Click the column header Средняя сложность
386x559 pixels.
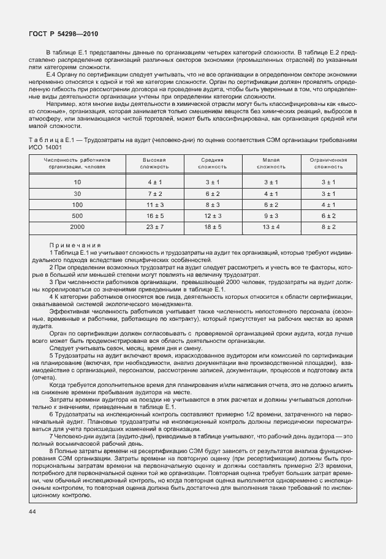(213, 163)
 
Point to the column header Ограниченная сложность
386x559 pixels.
(329, 163)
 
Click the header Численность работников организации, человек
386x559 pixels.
(78, 163)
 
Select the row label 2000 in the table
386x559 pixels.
(78, 227)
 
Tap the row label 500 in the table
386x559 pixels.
(78, 216)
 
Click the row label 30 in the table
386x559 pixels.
(78, 193)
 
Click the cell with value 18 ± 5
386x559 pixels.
(213, 227)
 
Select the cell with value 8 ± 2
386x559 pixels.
(329, 227)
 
